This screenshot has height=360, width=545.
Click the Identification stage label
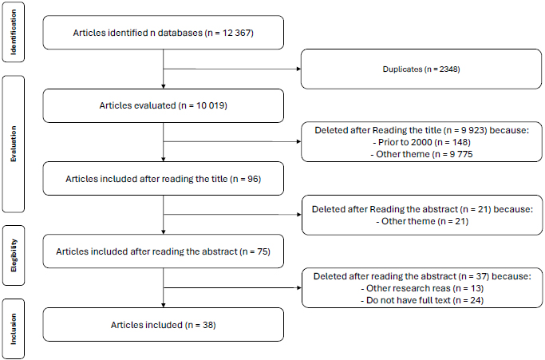coord(14,32)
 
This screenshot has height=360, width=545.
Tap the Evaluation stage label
coord(14,144)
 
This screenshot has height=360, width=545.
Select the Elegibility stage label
coord(14,255)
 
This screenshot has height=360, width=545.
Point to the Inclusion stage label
coord(14,329)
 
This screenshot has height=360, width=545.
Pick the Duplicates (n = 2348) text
coord(421,69)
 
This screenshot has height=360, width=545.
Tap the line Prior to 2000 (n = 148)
coord(421,142)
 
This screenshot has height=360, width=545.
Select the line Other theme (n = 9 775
coord(421,154)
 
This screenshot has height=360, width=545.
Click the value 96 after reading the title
coord(253,179)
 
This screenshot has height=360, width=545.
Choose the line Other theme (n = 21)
coord(422,221)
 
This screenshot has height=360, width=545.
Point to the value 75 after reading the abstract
coord(263,251)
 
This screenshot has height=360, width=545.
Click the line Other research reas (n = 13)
coord(422,288)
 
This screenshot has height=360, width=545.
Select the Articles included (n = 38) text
coord(164,325)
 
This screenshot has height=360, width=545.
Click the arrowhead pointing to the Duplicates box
coord(298,69)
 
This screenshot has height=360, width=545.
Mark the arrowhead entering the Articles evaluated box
coord(164,86)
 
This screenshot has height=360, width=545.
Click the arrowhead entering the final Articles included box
coord(164,305)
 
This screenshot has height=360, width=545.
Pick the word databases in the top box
coord(180,33)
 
